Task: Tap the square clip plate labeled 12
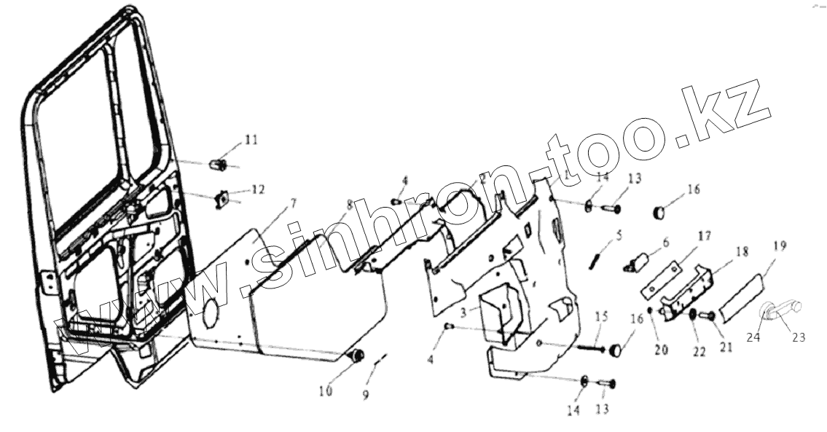[224, 197]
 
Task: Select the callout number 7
[273, 201]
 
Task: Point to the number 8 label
[350, 205]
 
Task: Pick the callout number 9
[366, 394]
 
